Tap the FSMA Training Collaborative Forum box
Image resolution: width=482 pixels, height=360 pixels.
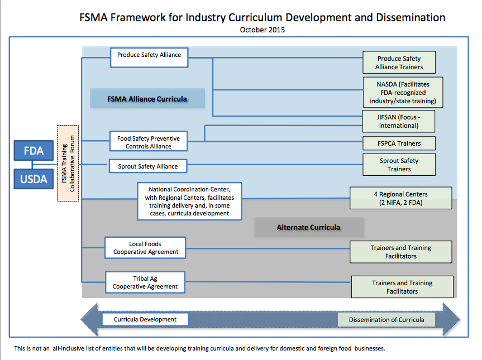coord(68,163)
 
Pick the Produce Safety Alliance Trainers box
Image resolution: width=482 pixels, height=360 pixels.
coord(399,63)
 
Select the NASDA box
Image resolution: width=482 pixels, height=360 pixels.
coord(402,93)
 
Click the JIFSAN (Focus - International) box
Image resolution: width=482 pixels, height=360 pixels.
coord(398,122)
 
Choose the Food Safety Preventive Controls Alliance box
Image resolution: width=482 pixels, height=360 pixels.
coord(148,142)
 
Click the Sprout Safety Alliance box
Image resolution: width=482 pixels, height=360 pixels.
coord(147,166)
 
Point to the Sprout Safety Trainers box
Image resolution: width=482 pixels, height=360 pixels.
coord(399,165)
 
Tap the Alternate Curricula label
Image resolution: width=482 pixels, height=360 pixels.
coord(308,227)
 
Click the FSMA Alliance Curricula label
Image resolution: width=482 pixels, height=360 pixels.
coord(147,99)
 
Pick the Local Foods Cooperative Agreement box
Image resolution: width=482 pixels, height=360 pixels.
coord(145,247)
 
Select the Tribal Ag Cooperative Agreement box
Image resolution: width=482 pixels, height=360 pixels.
coord(145,282)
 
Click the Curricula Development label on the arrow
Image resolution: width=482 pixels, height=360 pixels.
coord(145,319)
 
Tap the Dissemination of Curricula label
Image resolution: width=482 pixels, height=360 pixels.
coord(386,320)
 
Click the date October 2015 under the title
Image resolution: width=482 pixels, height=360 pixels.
coord(262,30)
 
